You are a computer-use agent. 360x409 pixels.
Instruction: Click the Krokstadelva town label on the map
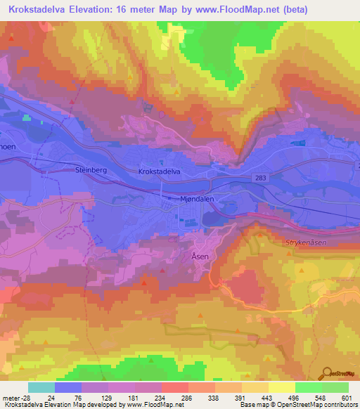161,171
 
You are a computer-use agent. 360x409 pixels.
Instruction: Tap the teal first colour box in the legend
41,387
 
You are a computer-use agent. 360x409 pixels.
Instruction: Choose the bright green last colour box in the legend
335,387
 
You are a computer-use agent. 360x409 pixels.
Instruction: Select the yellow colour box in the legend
282,387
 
